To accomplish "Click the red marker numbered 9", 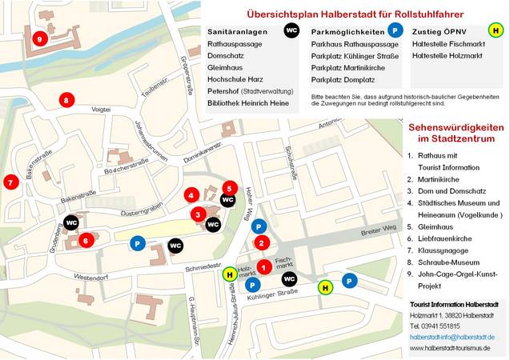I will pos(40,38).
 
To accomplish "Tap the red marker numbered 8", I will pos(66,100).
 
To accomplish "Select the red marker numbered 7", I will pos(11,182).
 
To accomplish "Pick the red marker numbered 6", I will pos(86,239).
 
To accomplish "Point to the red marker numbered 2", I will pos(262,243).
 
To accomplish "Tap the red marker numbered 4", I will pos(191,194).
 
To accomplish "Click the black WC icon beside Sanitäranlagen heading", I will pos(291,30).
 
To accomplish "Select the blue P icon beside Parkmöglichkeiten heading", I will pos(395,30).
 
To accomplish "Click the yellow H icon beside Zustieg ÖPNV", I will pos(496,30).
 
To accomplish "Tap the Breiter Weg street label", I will pos(379,232).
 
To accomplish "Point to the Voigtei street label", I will pos(101,108).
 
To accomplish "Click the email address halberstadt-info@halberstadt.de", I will pos(452,337).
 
